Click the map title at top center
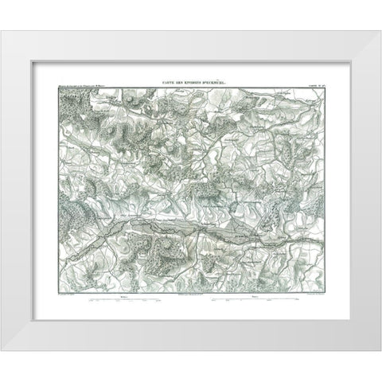pyautogui.click(x=190, y=83)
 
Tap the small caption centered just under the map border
pyautogui.click(x=190, y=295)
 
